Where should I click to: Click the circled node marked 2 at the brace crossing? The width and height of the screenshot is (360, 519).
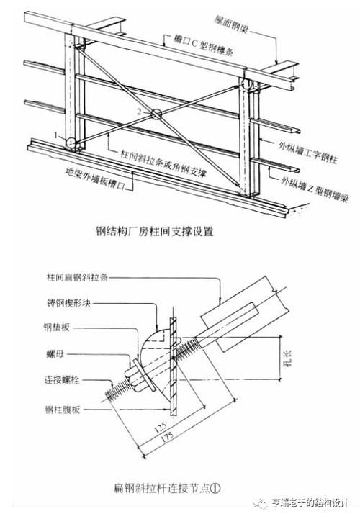coord(156,113)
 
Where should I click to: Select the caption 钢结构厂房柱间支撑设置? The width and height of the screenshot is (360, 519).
coord(155,231)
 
